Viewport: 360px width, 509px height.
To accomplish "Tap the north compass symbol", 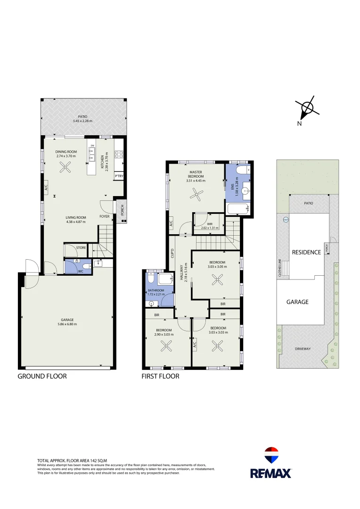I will tap(307, 108).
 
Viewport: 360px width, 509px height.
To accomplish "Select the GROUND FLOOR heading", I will tap(42, 376).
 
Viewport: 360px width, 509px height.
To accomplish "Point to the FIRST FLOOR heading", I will tap(160, 376).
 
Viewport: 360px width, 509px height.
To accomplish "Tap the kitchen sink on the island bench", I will tap(92, 154).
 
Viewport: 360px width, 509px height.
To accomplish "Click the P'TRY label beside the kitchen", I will tap(119, 176).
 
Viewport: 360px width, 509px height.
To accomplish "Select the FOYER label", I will tap(105, 217).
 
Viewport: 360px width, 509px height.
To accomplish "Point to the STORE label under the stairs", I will tap(81, 247).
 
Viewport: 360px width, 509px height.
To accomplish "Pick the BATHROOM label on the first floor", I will tap(155, 290).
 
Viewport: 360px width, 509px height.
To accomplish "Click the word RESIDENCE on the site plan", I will tap(306, 252).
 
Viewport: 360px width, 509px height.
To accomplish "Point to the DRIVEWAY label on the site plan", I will tap(303, 349).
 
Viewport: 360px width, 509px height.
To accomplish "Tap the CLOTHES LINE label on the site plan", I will tap(280, 268).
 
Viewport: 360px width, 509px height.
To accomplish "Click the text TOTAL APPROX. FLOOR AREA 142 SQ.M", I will tap(72, 460).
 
